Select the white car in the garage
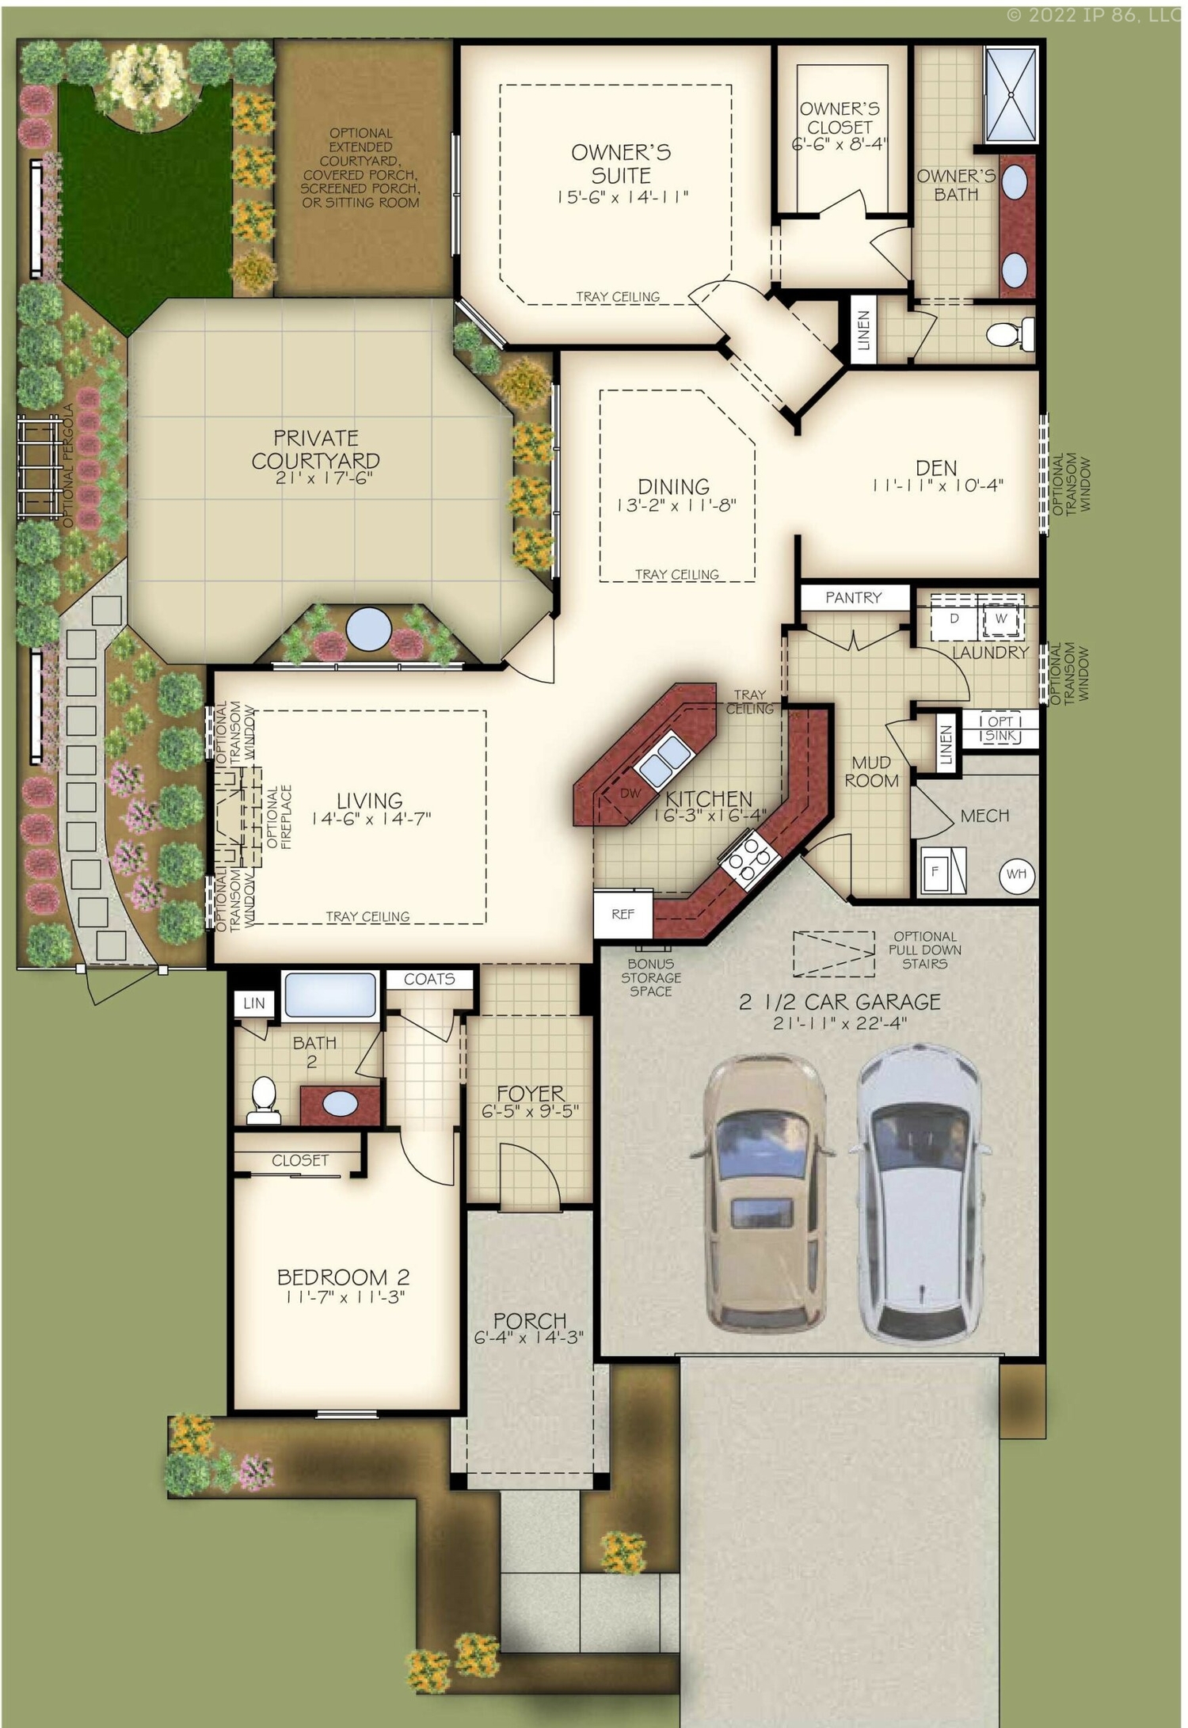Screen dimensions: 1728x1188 pos(921,1192)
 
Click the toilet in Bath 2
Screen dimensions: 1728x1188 pos(263,1100)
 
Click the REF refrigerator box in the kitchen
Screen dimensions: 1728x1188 pos(623,914)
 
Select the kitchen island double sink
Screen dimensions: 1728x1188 pos(663,759)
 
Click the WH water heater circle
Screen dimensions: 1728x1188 pos(1017,874)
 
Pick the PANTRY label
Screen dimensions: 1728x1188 pos(853,598)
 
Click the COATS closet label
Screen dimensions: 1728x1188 pos(429,980)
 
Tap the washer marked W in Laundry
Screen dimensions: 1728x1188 pos(1001,619)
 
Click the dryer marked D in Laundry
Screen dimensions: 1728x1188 pos(954,619)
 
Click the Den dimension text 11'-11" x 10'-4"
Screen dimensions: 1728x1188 pos(938,486)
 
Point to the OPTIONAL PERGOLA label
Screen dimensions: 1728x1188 pos(68,466)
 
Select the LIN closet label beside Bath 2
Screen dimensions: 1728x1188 pos(254,1003)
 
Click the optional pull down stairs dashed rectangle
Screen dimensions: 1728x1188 pos(833,953)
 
